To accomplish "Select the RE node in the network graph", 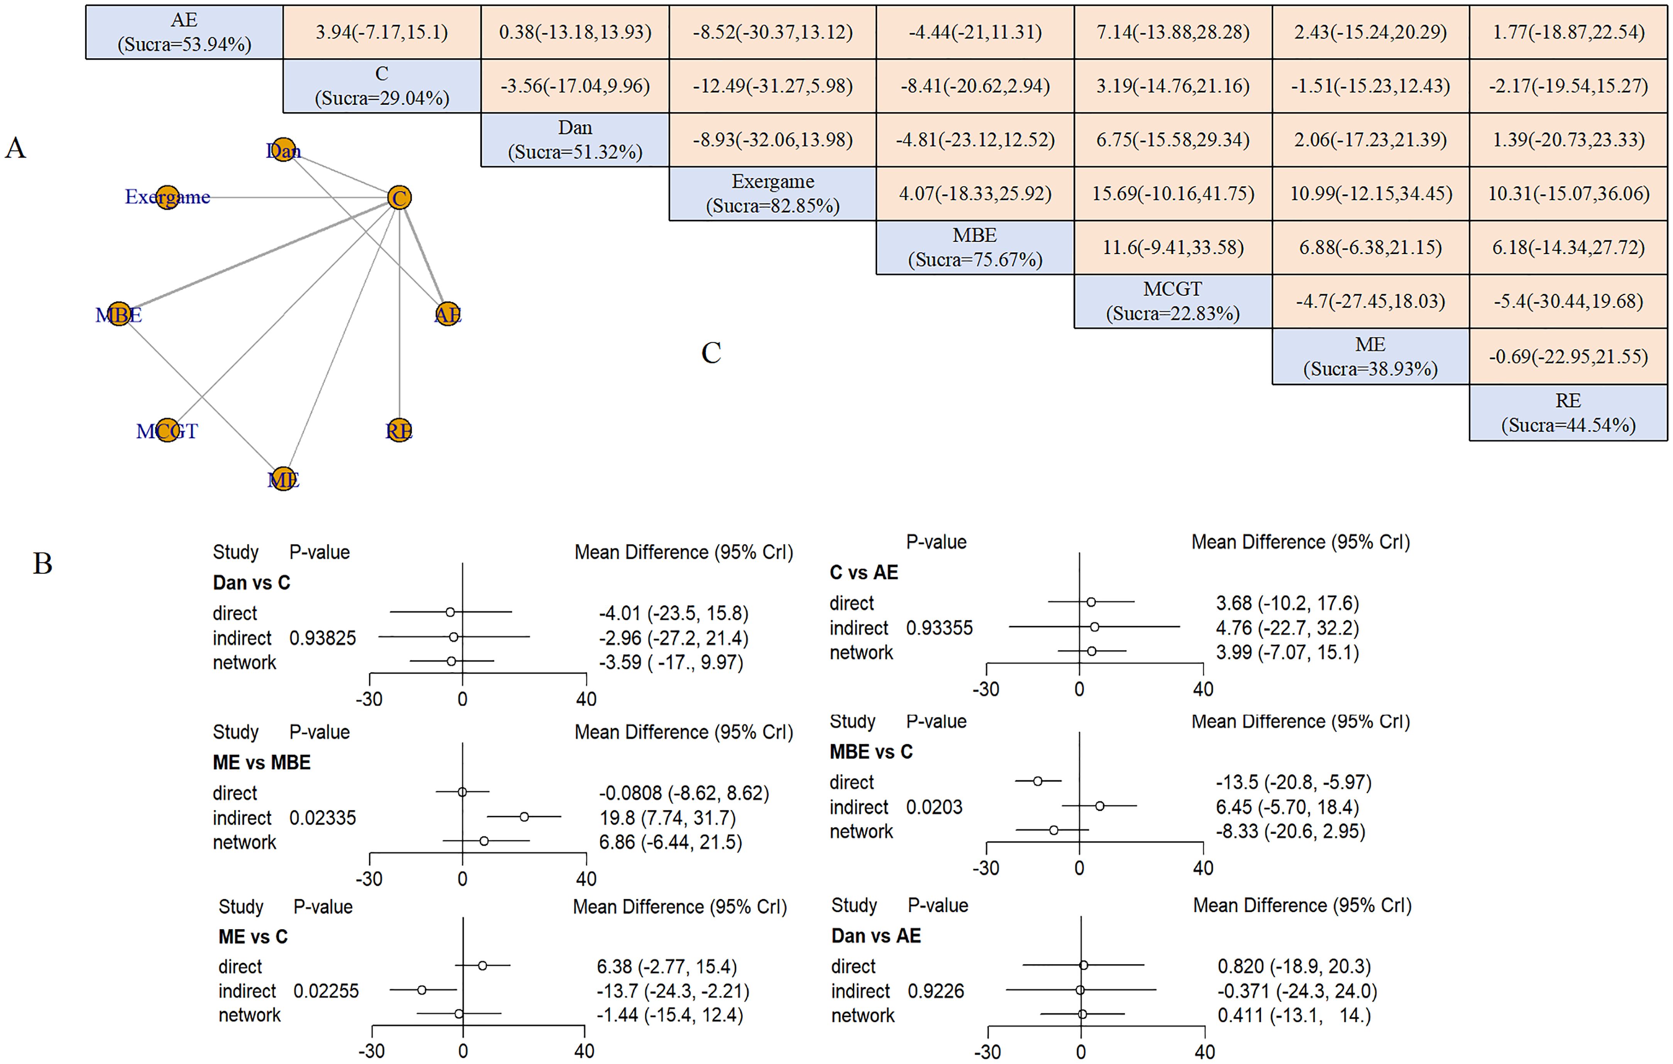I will (x=399, y=431).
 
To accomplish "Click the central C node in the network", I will (x=399, y=197).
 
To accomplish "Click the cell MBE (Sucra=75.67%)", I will (x=975, y=247).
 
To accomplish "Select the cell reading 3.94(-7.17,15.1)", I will (x=382, y=32).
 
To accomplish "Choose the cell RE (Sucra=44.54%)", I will (x=1568, y=413).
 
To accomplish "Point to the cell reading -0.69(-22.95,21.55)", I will (x=1568, y=356).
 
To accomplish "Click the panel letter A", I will (x=15, y=148).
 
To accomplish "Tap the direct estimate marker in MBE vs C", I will (x=1037, y=781).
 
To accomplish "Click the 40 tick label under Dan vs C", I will (x=586, y=699).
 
